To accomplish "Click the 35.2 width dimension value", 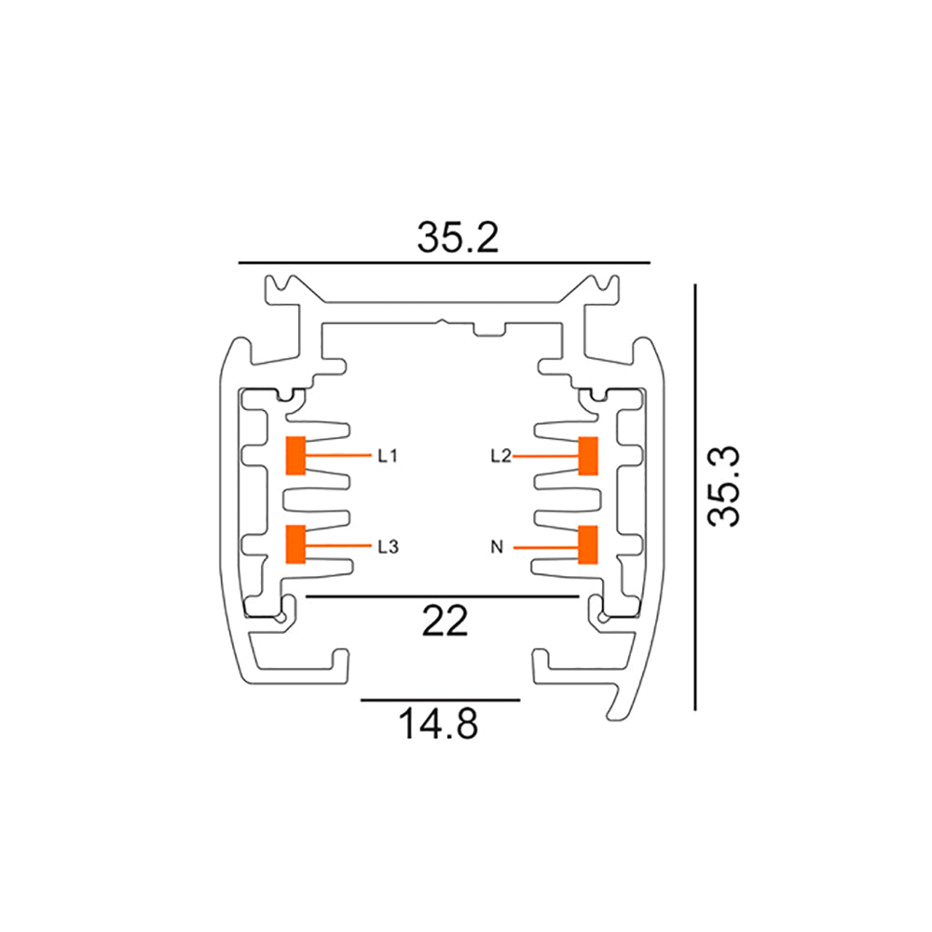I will [458, 238].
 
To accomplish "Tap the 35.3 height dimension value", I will [724, 487].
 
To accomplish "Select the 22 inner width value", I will [444, 622].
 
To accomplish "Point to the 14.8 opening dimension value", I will [438, 723].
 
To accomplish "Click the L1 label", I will [388, 456].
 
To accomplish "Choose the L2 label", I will [500, 456].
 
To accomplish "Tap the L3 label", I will [388, 546].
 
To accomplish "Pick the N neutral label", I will [497, 546].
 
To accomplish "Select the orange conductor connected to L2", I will [588, 455].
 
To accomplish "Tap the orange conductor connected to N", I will [588, 544].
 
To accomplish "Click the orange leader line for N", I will [545, 546].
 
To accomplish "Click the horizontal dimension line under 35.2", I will [444, 264].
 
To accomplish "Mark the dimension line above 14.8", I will [440, 698].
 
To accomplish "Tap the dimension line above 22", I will [443, 596].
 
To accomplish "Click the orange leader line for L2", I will [545, 456].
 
